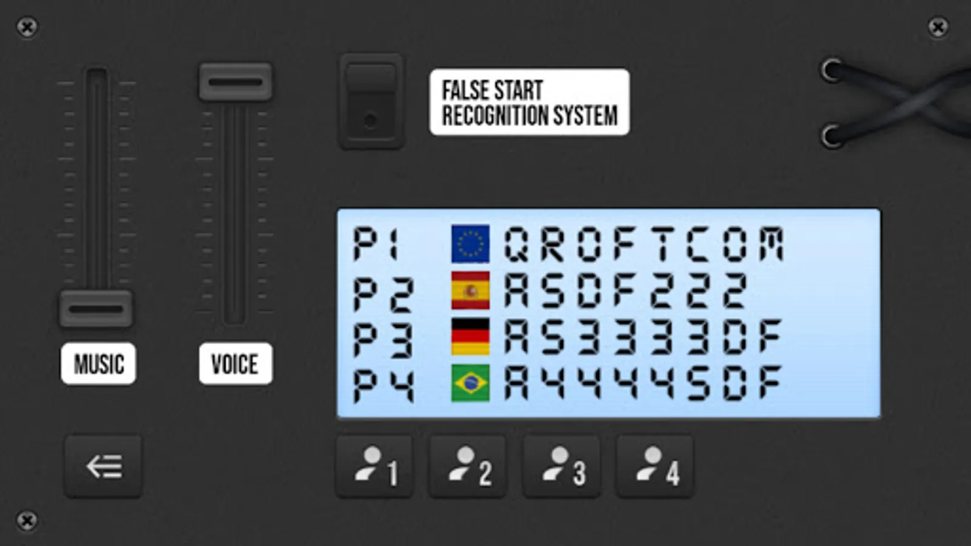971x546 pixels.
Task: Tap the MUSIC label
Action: click(98, 363)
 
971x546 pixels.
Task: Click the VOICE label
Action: click(236, 363)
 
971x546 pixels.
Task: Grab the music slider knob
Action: click(96, 309)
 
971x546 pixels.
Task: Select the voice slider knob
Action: click(235, 82)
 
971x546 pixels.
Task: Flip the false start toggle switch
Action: click(371, 102)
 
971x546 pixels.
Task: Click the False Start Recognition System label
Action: click(529, 103)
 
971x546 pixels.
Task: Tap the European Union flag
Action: click(470, 243)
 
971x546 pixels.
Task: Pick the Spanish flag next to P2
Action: click(470, 291)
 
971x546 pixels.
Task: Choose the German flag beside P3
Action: click(470, 337)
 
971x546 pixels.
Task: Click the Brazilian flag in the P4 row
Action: click(470, 383)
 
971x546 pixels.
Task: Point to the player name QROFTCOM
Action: click(644, 244)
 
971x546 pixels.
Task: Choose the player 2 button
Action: click(468, 467)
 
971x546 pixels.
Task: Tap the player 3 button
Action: click(562, 467)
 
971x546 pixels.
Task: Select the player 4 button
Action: click(655, 467)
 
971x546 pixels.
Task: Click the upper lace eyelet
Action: click(831, 70)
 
